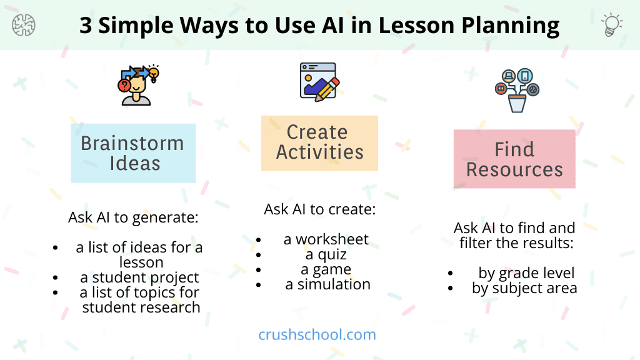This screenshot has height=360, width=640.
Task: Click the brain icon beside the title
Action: [24, 25]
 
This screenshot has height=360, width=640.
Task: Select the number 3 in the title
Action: [87, 26]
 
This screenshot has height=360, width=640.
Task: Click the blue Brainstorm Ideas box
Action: [133, 153]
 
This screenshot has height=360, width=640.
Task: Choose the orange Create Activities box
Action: [319, 142]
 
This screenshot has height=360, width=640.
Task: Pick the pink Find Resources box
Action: [514, 159]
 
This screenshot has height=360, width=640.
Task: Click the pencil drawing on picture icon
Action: [319, 81]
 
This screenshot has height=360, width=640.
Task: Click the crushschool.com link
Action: [317, 334]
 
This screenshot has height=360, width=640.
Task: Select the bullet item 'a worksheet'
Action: [326, 239]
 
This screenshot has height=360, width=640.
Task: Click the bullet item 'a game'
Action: [326, 269]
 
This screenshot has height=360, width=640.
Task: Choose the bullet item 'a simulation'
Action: [327, 284]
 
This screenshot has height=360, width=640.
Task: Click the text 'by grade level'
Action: [526, 273]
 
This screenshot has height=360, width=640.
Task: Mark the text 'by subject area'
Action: [524, 288]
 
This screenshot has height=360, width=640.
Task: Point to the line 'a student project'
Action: [139, 277]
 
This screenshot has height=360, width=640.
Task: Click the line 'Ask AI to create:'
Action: [319, 209]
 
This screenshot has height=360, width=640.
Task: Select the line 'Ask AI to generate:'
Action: [133, 218]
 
